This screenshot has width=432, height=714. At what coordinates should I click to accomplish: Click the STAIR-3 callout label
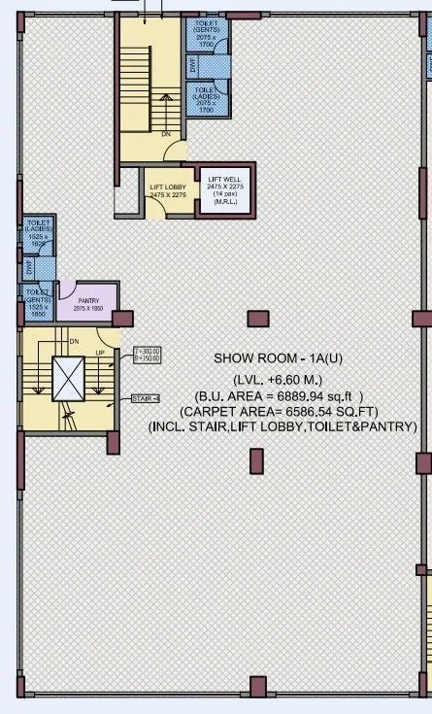point(146,399)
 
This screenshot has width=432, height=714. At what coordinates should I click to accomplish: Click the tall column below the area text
point(256,460)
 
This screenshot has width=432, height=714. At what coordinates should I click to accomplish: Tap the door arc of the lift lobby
point(176,152)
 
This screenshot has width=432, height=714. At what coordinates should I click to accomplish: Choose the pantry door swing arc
point(71,289)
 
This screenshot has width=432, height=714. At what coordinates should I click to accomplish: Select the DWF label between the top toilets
point(192,65)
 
